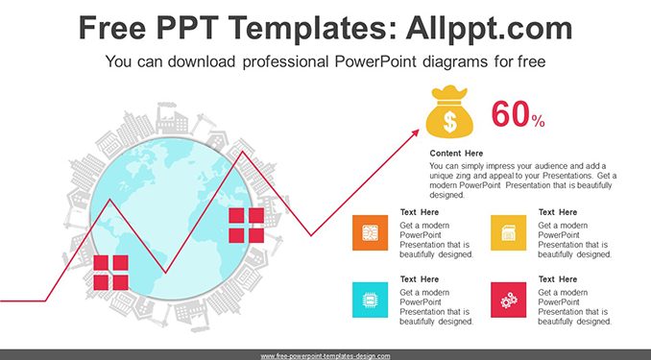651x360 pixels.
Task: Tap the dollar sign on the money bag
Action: tap(449, 121)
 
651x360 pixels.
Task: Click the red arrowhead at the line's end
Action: tap(415, 132)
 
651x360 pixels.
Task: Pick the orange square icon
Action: tap(370, 232)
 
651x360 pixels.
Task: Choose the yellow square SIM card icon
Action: tap(508, 232)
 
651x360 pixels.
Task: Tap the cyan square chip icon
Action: tap(370, 300)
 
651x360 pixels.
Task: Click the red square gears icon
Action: tap(508, 300)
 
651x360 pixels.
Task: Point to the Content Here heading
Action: tap(456, 154)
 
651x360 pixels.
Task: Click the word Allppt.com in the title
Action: tap(489, 28)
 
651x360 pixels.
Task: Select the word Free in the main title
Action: tap(112, 28)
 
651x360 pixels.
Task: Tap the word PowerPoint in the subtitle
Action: tap(375, 61)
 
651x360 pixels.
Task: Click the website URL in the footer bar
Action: tap(325, 356)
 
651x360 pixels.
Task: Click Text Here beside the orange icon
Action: tap(420, 212)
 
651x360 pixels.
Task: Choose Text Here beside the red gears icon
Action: tap(558, 279)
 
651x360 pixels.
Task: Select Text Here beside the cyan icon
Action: tap(420, 279)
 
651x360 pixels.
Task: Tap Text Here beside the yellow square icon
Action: tap(558, 212)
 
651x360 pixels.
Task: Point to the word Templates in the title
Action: tap(311, 28)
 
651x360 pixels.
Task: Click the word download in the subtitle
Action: tap(202, 61)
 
